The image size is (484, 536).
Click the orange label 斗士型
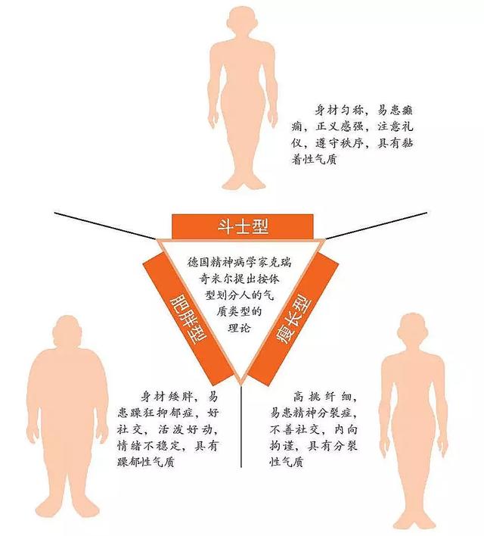pyautogui.click(x=243, y=226)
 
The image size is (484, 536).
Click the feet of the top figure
pyautogui.click(x=243, y=182)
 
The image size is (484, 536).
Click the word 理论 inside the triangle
pyautogui.click(x=239, y=328)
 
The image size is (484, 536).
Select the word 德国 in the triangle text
pyautogui.click(x=199, y=263)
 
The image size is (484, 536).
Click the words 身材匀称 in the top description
pyautogui.click(x=338, y=111)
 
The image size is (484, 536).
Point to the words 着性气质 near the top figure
pyautogui.click(x=315, y=159)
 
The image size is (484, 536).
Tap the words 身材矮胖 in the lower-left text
pyautogui.click(x=166, y=397)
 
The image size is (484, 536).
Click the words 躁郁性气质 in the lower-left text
pyautogui.click(x=145, y=462)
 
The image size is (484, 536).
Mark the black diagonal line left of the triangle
pyautogui.click(x=106, y=226)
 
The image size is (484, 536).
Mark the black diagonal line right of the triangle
pyautogui.click(x=376, y=226)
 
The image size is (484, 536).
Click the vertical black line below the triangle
pyautogui.click(x=241, y=426)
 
